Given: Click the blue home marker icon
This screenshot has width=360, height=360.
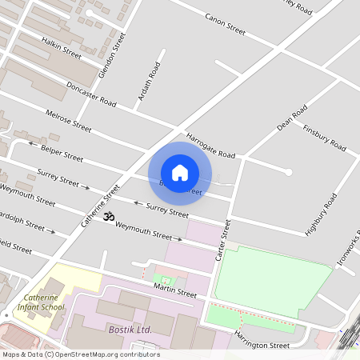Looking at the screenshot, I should click(180, 172).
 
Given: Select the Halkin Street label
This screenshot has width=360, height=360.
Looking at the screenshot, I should click(62, 47).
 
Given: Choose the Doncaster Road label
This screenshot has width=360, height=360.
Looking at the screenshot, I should click(91, 95).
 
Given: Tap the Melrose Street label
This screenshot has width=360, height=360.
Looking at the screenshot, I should click(68, 120).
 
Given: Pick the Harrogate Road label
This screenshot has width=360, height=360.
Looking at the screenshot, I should click(210, 145).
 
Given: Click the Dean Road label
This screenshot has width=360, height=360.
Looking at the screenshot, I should click(291, 118).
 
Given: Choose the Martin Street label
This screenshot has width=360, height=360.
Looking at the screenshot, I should click(174, 292).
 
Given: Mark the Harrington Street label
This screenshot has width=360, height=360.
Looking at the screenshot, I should click(262, 340).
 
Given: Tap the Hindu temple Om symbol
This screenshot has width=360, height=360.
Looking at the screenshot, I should click(110, 217).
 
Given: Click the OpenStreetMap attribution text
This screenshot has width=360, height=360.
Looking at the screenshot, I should click(80, 354).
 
